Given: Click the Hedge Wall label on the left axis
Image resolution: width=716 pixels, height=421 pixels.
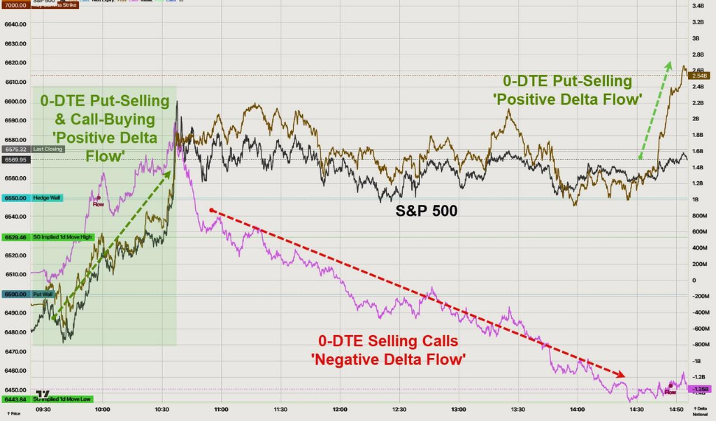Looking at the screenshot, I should [47, 198].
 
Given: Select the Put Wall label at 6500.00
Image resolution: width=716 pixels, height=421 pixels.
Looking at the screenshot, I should [43, 294].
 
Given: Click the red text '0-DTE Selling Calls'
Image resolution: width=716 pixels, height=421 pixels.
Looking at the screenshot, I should [389, 341].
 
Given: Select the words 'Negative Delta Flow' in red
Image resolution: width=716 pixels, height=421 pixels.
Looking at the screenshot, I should [389, 359].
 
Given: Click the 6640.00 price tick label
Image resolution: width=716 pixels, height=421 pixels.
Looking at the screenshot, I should [15, 24].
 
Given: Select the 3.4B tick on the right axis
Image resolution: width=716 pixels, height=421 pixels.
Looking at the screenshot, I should [698, 6].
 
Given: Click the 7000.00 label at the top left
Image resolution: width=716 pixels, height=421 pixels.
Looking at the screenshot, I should [15, 4].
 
